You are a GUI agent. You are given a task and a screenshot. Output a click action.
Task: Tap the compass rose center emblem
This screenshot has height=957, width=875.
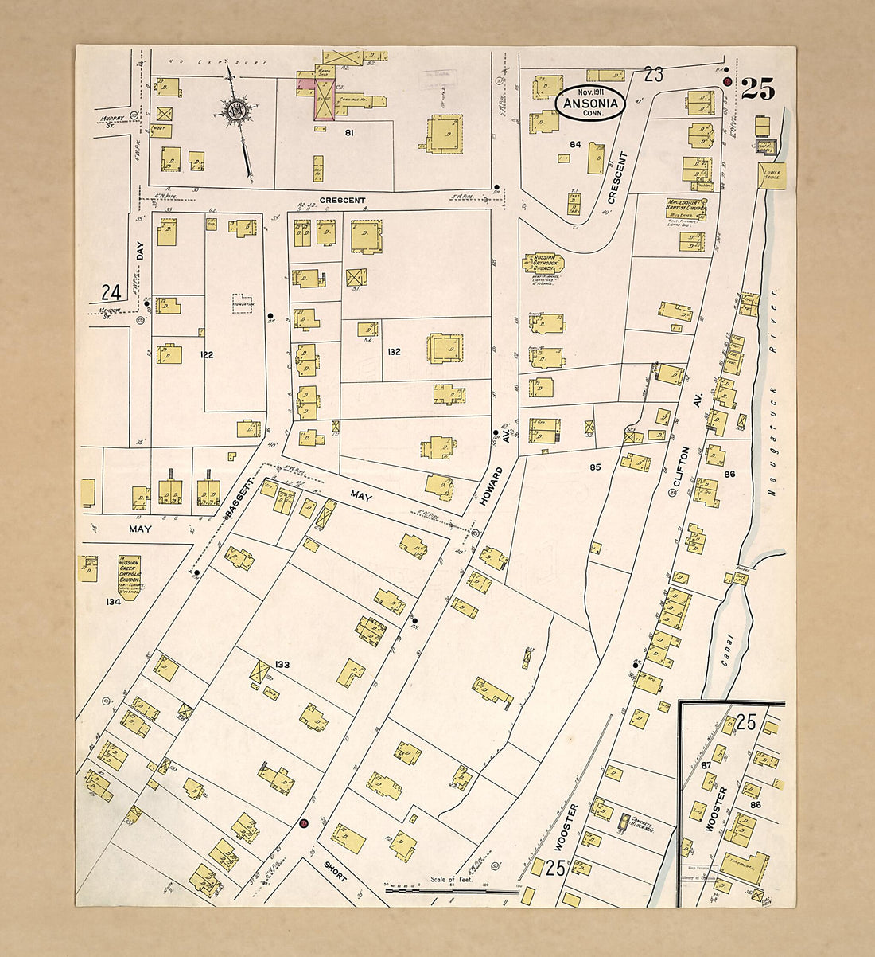235,111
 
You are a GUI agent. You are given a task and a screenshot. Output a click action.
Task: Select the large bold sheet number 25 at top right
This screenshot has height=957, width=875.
757,90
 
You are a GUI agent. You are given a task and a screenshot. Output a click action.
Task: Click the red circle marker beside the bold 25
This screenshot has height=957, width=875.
727,82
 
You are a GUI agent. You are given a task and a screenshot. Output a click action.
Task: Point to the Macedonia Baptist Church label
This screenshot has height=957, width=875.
686,208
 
